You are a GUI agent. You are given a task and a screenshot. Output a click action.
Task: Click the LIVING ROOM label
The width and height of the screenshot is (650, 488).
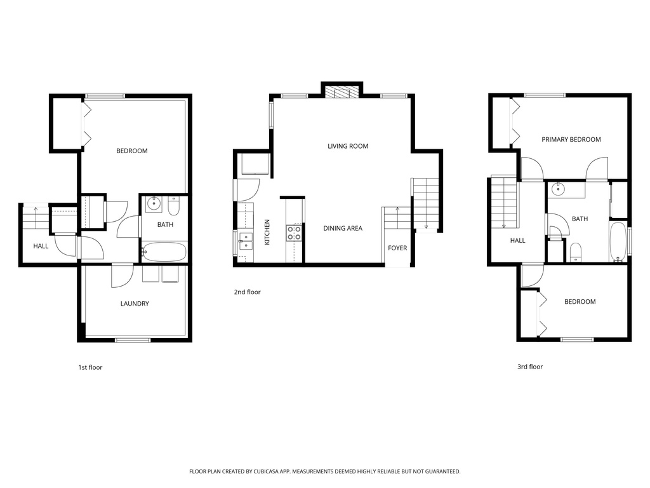tap(348, 146)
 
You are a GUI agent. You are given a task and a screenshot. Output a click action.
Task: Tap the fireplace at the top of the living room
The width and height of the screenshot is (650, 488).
tap(342, 93)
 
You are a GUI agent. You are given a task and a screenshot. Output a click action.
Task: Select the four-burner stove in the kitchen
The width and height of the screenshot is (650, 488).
tap(294, 233)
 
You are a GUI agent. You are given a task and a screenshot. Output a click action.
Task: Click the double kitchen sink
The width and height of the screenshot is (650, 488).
tap(246, 239)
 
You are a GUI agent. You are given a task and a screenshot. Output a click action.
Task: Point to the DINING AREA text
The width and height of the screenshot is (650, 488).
tap(343, 228)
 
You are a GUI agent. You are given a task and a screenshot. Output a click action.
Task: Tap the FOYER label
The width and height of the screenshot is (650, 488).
tap(397, 248)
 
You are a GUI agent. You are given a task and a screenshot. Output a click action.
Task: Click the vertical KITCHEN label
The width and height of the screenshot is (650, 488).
tap(267, 232)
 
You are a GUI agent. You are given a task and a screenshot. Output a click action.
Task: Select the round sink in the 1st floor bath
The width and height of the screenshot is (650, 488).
tap(154, 205)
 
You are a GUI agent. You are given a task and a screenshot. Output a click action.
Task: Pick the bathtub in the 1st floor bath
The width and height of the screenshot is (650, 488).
tap(164, 252)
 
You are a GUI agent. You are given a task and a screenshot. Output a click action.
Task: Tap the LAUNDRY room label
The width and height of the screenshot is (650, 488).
tap(135, 304)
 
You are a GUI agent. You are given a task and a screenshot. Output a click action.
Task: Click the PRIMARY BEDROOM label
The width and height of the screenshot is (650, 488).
tap(571, 139)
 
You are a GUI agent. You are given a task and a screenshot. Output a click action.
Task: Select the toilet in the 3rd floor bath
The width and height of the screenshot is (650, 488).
tap(576, 252)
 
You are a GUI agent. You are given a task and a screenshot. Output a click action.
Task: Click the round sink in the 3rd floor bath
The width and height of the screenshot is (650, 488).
tap(559, 189)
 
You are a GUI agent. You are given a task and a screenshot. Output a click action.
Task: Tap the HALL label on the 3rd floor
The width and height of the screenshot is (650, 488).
tap(517, 241)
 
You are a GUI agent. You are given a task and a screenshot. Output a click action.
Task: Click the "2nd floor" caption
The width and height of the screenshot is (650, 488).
tap(247, 292)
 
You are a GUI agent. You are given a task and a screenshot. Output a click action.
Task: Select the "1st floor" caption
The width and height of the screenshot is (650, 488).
tap(90, 367)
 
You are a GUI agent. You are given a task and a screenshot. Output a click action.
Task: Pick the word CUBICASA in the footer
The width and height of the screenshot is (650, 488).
tap(262, 471)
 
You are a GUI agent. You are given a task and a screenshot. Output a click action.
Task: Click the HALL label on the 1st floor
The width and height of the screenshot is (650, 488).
tap(41, 246)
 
